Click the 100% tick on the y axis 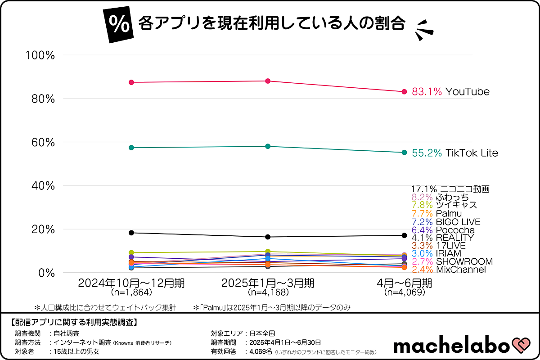[40, 55]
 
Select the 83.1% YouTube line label [450, 92]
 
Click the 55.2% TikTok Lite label [455, 153]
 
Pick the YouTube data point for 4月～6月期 [404, 92]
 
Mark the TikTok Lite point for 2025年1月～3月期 [268, 146]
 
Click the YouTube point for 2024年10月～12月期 [131, 82]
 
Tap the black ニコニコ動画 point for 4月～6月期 [404, 235]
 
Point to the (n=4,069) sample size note [404, 292]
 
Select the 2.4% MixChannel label [449, 270]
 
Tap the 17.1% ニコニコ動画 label [450, 189]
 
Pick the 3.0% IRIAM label [436, 254]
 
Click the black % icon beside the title [118, 25]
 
